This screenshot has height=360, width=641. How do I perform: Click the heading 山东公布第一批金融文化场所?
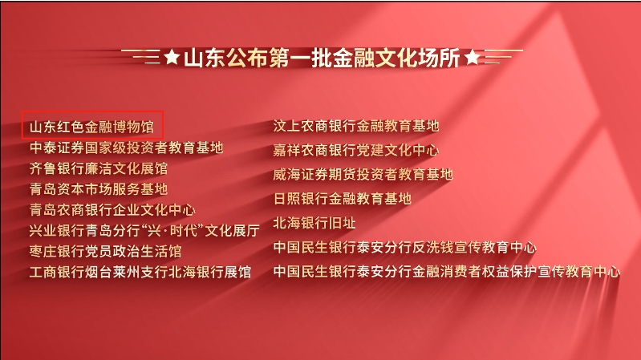point(322,58)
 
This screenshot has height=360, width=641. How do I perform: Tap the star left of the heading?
point(172,57)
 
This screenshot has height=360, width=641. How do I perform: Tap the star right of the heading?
point(473,57)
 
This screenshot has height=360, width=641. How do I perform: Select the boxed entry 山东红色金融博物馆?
point(92,127)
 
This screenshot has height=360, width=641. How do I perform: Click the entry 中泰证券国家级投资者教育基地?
point(126,148)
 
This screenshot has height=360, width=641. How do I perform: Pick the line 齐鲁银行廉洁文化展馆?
point(99,168)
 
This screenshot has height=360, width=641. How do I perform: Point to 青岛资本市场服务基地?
point(99,188)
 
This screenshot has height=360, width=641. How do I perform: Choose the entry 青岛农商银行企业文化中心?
point(112,209)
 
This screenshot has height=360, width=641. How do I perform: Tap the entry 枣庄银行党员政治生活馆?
point(105,251)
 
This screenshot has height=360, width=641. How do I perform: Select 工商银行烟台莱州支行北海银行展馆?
point(140,272)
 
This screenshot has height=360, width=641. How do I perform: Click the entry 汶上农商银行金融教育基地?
point(356,126)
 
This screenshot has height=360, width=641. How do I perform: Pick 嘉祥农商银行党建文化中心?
point(356,150)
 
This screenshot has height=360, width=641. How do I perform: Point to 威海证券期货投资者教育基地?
point(363,175)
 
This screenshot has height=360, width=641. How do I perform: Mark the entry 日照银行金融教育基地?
point(343,199)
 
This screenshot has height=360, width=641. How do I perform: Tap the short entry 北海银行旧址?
point(314,223)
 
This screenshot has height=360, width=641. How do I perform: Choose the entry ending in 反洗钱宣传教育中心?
point(404,247)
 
